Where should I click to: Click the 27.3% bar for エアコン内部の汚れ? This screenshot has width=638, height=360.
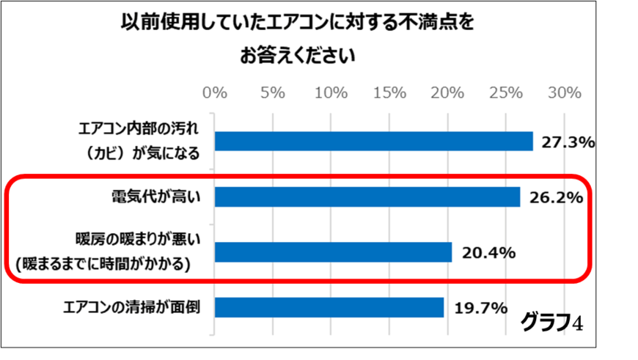[x=373, y=142]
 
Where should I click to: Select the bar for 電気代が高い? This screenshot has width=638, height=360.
[x=367, y=197]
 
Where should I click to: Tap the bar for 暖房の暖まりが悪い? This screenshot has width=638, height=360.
[x=333, y=252]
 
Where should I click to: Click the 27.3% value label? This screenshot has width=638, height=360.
[x=567, y=142]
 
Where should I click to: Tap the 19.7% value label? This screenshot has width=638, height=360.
[x=480, y=308]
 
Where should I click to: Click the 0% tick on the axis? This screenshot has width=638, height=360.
[x=215, y=93]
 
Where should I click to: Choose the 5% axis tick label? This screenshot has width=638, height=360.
[x=273, y=93]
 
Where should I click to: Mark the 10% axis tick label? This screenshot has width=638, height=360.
[x=331, y=93]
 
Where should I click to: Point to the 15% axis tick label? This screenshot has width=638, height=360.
[x=389, y=93]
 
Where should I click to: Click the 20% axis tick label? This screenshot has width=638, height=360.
[x=447, y=93]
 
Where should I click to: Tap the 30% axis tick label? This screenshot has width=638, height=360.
[x=564, y=93]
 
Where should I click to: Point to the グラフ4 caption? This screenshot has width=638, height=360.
[x=551, y=322]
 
